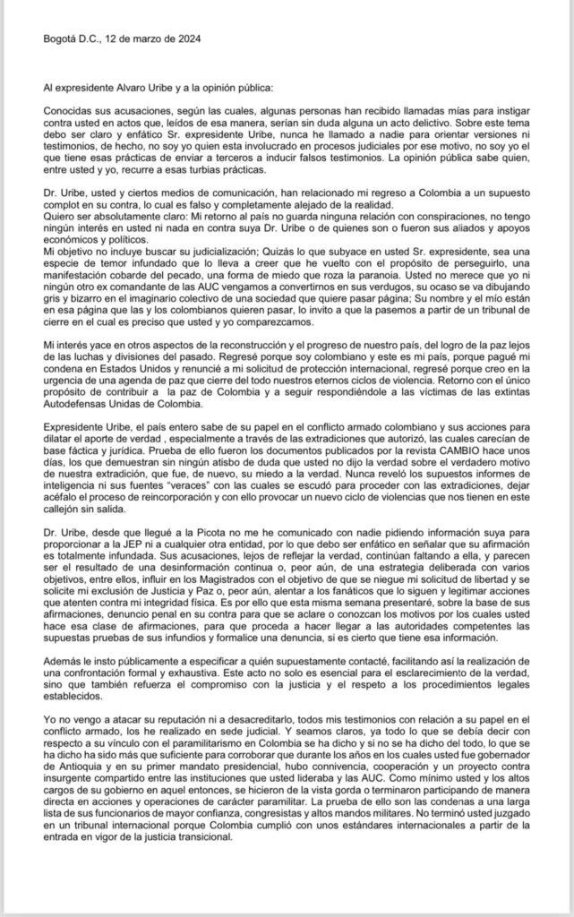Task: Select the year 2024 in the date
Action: [187, 39]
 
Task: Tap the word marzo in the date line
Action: [145, 39]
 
